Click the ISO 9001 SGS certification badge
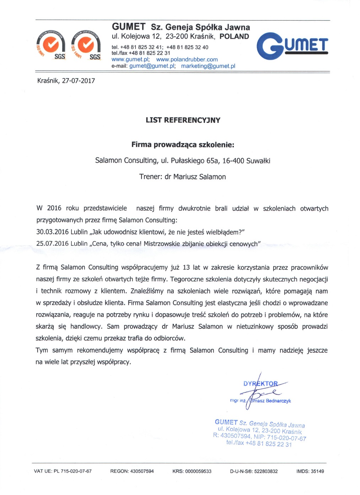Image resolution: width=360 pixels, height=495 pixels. tap(51, 45)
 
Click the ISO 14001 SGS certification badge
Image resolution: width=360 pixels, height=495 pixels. tap(86, 45)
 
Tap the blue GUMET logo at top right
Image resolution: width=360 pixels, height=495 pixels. tap(292, 46)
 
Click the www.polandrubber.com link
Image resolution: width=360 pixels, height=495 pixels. tap(187, 60)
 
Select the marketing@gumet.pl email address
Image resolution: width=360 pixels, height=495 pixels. tap(208, 66)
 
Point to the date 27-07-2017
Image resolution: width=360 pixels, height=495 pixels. tap(79, 81)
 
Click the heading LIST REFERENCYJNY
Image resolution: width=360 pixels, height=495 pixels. tap(183, 120)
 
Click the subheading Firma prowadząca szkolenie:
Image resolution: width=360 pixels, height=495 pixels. tap(183, 145)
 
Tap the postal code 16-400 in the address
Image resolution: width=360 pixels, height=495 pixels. tap(233, 161)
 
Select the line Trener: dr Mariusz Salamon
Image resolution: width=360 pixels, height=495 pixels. tap(182, 177)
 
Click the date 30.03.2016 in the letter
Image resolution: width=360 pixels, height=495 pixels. tap(52, 232)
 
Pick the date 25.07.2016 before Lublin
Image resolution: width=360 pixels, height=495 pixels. tap(52, 244)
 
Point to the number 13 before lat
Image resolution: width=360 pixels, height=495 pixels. tap(186, 267)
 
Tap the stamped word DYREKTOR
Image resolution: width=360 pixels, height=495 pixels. tap(260, 384)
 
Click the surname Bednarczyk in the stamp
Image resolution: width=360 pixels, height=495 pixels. tap(278, 401)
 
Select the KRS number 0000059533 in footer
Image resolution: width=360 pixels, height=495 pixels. tap(198, 472)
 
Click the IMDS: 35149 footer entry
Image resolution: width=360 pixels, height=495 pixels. tap(310, 472)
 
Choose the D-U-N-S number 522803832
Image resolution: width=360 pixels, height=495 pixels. tap(265, 472)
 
